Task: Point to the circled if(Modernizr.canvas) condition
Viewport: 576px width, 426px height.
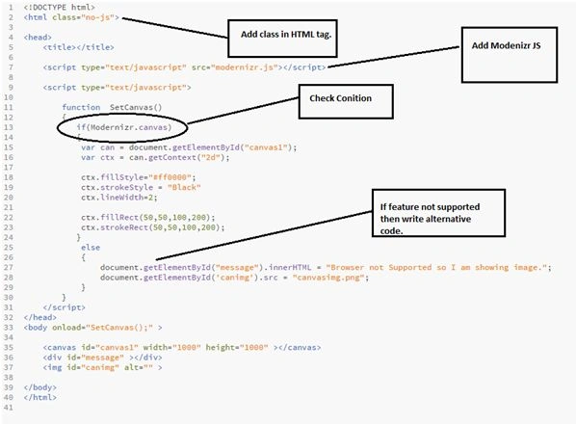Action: point(58,127)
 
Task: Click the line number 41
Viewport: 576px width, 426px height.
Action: point(8,408)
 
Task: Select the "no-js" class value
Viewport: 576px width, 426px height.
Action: point(97,17)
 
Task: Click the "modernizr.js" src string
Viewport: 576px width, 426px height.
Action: point(245,67)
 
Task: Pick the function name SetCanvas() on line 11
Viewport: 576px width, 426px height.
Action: point(136,107)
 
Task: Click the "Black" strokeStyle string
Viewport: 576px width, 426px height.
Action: point(184,187)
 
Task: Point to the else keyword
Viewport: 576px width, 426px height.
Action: point(91,248)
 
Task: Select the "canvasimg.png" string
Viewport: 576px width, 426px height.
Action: point(328,278)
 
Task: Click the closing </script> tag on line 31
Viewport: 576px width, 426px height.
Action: point(64,307)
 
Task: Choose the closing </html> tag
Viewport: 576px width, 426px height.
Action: point(40,397)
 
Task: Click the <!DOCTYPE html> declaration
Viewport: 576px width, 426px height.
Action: point(59,8)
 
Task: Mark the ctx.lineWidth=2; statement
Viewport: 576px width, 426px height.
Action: point(119,198)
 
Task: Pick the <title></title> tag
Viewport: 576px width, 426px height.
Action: point(78,47)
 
